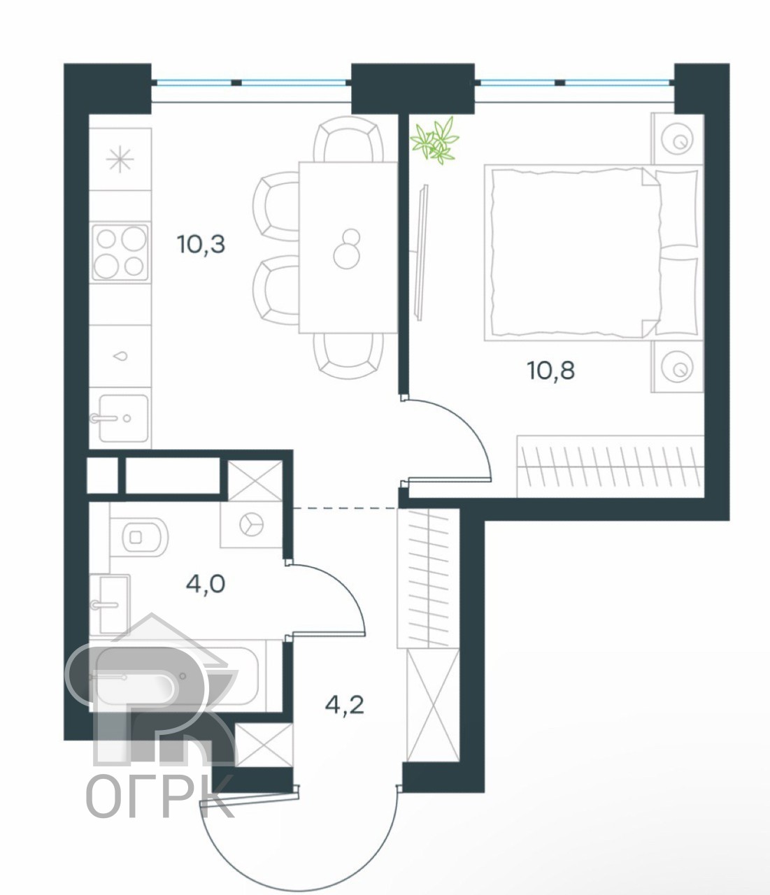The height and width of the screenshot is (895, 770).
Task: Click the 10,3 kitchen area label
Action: pos(201,244)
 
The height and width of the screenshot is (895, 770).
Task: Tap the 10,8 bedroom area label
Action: pos(551,371)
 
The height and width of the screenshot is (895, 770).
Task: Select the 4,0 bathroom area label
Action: pos(206,584)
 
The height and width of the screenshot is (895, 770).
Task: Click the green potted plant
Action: pos(434,141)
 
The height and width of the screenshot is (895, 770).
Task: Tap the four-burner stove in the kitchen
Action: pos(120,252)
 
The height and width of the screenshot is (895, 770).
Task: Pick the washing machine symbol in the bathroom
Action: pos(251,525)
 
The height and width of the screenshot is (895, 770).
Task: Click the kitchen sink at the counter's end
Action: pos(123,418)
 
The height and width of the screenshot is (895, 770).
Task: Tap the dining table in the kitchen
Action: pos(348,248)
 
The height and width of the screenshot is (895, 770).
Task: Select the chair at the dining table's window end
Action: pos(348,139)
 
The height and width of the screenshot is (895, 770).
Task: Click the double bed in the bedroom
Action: pos(593,252)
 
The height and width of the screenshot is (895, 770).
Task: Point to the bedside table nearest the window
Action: pos(677,139)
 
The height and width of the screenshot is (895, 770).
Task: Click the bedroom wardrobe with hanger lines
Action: pos(611,466)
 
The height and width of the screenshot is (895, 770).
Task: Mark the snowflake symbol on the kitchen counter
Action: pos(120,159)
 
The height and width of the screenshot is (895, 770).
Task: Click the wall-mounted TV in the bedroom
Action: pos(421,252)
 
